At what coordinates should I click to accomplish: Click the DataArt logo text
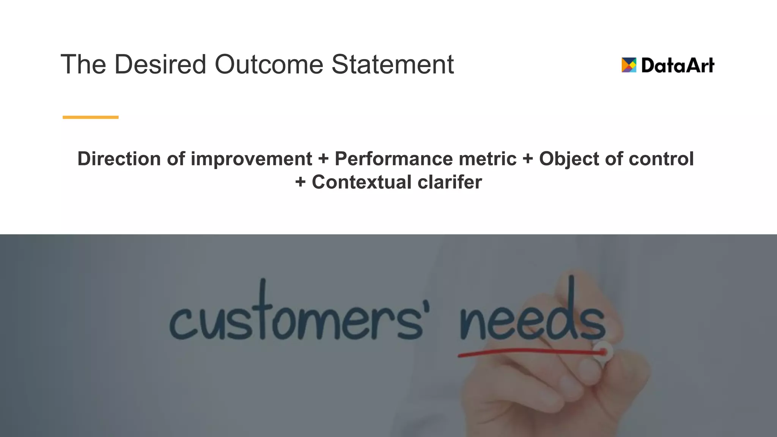point(678,65)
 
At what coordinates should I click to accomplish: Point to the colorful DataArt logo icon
point(629,65)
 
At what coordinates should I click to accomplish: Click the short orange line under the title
point(90,117)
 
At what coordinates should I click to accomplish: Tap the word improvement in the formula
point(251,159)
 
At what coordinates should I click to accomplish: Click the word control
point(661,159)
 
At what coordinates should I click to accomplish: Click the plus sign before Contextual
point(300,182)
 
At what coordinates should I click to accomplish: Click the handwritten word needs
point(531,317)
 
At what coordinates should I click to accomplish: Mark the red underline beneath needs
point(531,353)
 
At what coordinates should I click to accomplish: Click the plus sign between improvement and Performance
point(323,159)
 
